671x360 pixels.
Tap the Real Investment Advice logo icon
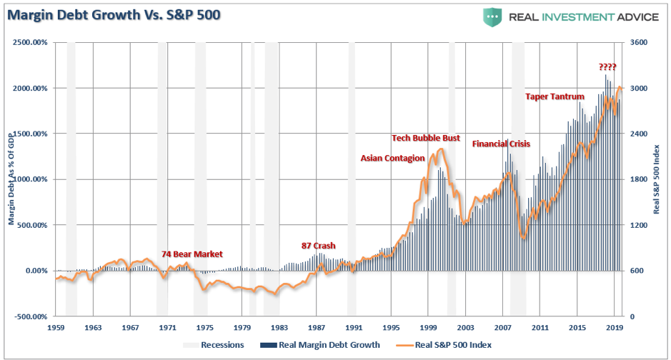pyautogui.click(x=492, y=16)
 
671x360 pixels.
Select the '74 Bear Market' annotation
pyautogui.click(x=192, y=254)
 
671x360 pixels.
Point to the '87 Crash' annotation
pyautogui.click(x=318, y=246)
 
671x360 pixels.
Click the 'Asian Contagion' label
pyautogui.click(x=392, y=158)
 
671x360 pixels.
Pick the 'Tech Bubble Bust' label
pyautogui.click(x=426, y=138)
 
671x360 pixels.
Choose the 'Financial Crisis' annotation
pyautogui.click(x=501, y=144)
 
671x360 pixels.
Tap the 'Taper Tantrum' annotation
pyautogui.click(x=555, y=96)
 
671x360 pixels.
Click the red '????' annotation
pyautogui.click(x=607, y=67)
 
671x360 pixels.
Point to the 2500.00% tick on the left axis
pyautogui.click(x=29, y=43)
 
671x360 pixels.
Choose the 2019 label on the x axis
pyautogui.click(x=615, y=327)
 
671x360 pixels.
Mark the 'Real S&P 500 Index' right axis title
pyautogui.click(x=657, y=179)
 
